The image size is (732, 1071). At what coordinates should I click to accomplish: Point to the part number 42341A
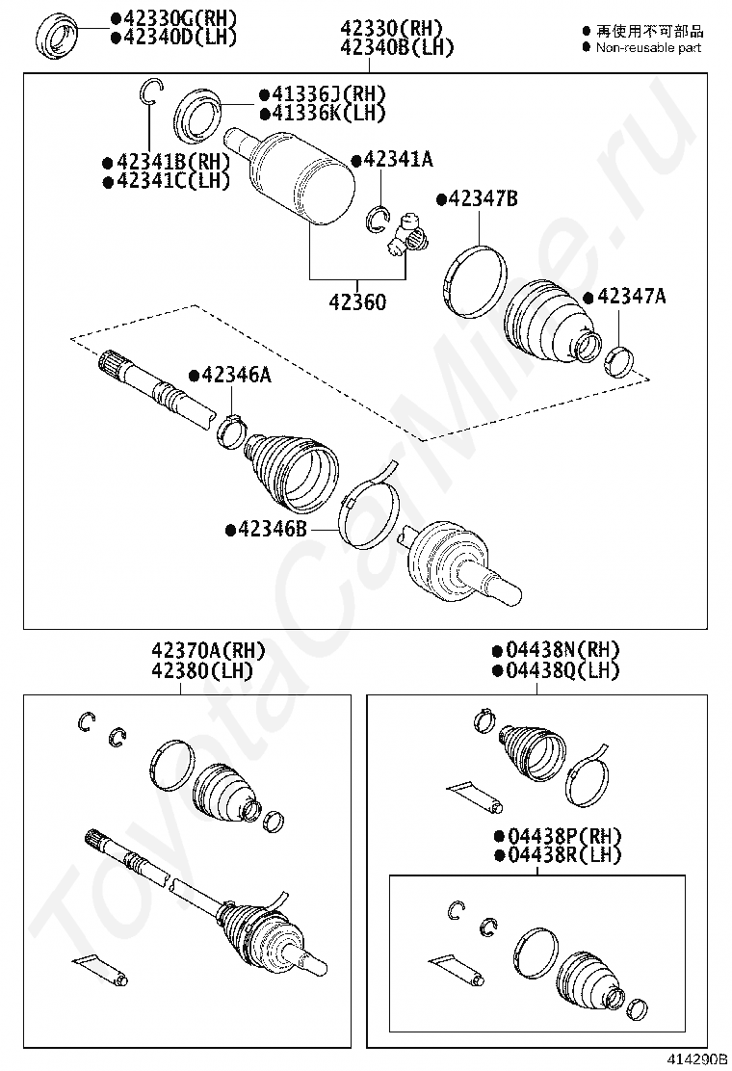click(x=397, y=160)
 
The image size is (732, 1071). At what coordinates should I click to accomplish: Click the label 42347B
click(x=483, y=198)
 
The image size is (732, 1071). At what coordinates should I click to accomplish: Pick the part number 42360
click(x=357, y=302)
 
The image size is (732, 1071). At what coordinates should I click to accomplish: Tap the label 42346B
click(x=273, y=529)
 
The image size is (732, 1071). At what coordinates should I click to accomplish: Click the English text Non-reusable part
click(x=648, y=47)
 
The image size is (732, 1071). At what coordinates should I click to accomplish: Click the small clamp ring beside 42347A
click(x=616, y=360)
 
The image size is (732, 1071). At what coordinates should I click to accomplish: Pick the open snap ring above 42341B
click(x=149, y=91)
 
